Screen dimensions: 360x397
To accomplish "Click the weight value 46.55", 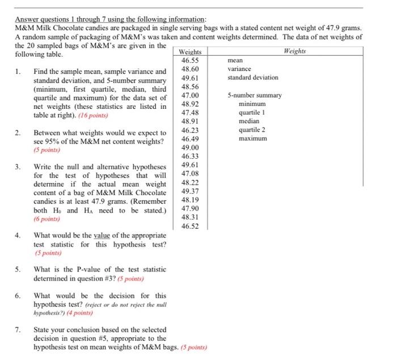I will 189,60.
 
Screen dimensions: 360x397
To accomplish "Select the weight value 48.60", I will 189,69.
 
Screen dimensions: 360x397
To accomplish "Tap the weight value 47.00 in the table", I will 189,95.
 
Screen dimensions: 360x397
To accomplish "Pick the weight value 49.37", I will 189,191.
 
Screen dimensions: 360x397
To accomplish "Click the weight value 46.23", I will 189,130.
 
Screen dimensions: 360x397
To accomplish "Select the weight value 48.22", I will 189,183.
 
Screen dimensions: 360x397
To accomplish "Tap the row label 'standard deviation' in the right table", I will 253,78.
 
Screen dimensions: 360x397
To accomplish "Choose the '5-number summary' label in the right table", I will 255,95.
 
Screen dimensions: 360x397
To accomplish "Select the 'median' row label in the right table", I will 249,121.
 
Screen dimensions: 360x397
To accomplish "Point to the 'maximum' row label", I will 253,138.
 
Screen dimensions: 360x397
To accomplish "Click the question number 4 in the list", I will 18,235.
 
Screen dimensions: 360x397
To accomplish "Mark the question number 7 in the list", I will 18,329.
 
